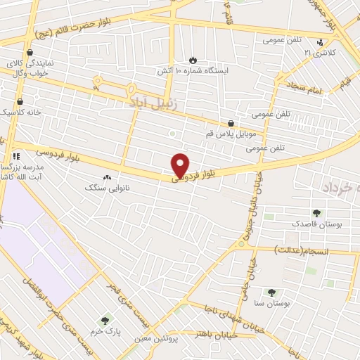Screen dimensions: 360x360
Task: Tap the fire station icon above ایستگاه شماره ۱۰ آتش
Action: pyautogui.click(x=195, y=60)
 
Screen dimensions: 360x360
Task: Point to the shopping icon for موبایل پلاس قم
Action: pyautogui.click(x=231, y=122)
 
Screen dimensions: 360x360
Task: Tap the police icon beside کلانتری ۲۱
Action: pyautogui.click(x=320, y=42)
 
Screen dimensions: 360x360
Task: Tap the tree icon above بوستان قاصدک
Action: pyautogui.click(x=316, y=213)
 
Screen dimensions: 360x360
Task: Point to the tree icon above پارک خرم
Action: pyautogui.click(x=107, y=320)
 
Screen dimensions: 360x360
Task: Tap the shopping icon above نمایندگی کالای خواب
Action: pyautogui.click(x=30, y=52)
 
